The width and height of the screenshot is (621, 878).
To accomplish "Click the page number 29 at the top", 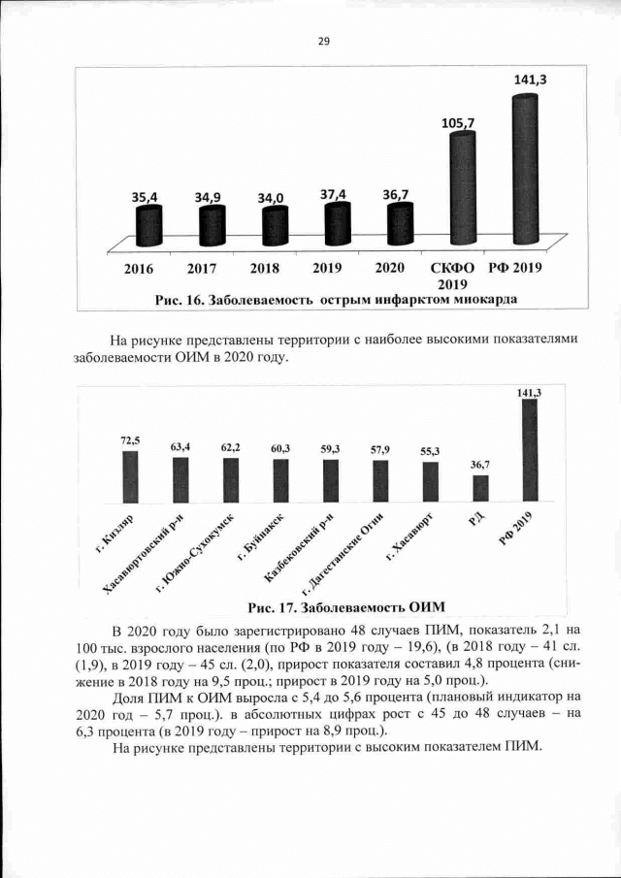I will click(x=324, y=41).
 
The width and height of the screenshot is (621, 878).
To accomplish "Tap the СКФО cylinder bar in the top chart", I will click(x=462, y=189).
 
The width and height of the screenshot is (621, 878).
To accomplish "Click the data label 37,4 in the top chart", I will click(x=334, y=195).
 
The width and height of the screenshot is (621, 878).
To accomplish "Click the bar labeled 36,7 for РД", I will click(x=480, y=488).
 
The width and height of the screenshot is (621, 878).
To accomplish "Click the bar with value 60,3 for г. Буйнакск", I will click(x=280, y=480).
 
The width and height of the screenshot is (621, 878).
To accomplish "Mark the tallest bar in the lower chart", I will click(x=530, y=451).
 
